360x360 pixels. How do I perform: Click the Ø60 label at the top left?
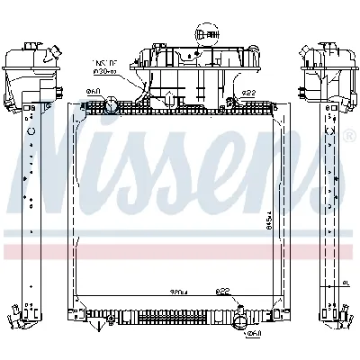(93, 92)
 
